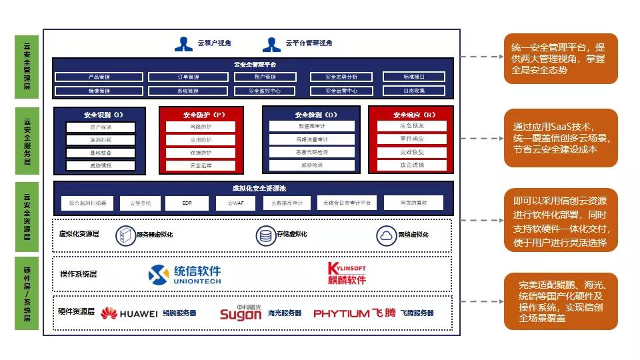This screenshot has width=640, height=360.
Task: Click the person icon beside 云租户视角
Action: coord(183,43)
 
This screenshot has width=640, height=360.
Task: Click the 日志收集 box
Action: coord(414,91)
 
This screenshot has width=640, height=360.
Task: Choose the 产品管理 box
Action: coord(99,77)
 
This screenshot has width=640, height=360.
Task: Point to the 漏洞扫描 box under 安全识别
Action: coord(101,140)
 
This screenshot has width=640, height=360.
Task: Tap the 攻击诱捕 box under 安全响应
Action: coord(411,165)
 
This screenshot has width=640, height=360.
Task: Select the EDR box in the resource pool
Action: coord(191,202)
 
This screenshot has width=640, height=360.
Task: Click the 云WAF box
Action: coord(236,202)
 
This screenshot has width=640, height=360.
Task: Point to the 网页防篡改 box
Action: coord(413,202)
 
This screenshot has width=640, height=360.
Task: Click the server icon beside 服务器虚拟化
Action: coord(125,235)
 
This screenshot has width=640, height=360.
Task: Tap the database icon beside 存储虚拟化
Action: coord(265,235)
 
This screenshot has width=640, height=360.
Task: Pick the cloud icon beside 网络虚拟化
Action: coord(386,235)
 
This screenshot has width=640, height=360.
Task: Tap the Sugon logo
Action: coord(241,312)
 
